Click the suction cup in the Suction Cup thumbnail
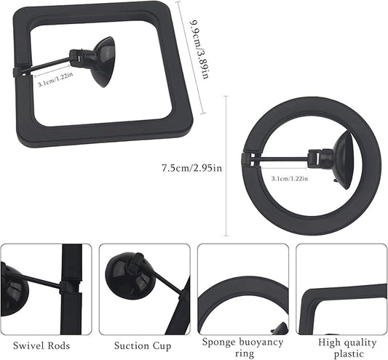131,276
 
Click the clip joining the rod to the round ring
252,152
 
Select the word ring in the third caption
242,353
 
